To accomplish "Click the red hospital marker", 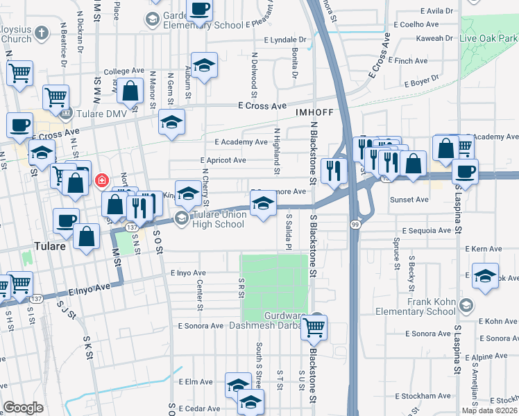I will [x=102, y=180].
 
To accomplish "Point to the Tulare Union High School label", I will [x=210, y=219].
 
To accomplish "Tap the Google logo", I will [x=24, y=408].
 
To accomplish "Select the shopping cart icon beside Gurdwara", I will [x=314, y=329].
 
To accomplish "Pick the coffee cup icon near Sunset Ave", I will [x=465, y=171].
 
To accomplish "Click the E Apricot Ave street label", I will [x=223, y=160].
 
